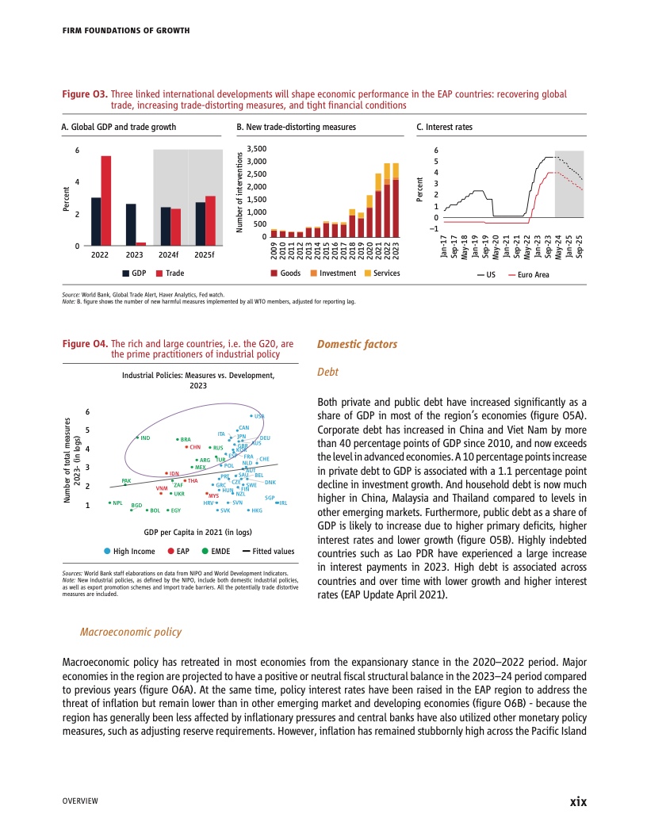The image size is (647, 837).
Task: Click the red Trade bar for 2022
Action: (105, 201)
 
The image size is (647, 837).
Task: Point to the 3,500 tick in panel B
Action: (257, 148)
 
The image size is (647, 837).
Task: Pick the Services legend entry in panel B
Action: (381, 273)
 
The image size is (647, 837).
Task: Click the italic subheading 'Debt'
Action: (327, 371)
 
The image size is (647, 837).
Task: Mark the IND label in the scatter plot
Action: (146, 438)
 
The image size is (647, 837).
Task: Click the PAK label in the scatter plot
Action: (126, 480)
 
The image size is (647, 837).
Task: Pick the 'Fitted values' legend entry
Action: (269, 551)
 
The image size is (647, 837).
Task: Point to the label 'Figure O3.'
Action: (85, 94)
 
